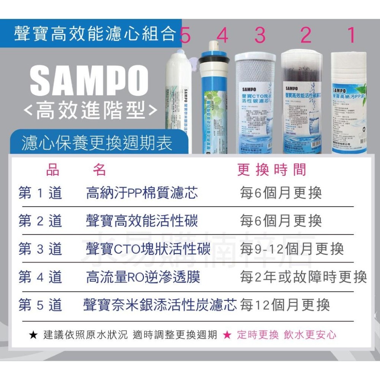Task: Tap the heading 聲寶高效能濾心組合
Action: (x=95, y=33)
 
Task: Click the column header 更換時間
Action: (x=271, y=170)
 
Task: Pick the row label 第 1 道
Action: (x=40, y=193)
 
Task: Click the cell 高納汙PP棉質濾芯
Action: (x=142, y=193)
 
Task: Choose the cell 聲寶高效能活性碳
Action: (x=142, y=221)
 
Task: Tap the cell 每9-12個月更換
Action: (x=292, y=249)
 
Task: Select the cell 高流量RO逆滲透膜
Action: (x=143, y=277)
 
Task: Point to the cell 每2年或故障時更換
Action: (x=303, y=277)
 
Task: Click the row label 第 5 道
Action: (x=40, y=305)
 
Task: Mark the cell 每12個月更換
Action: (x=285, y=305)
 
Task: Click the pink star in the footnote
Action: (x=227, y=335)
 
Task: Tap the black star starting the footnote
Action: (x=33, y=335)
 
